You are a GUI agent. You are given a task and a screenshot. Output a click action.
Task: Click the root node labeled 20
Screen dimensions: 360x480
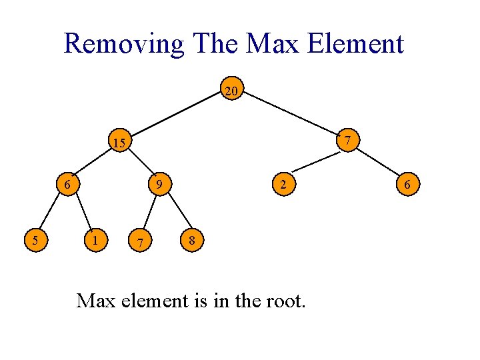point(232,91)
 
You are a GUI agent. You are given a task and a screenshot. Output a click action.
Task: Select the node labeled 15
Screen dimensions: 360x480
point(119,142)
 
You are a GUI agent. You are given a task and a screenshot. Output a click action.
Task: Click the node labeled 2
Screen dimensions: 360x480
point(283,183)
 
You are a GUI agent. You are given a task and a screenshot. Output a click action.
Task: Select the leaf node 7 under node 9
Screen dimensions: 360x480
point(139,241)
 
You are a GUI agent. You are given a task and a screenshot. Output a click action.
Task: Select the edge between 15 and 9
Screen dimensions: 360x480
point(140,163)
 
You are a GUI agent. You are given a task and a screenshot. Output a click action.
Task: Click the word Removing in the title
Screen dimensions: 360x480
point(123,45)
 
